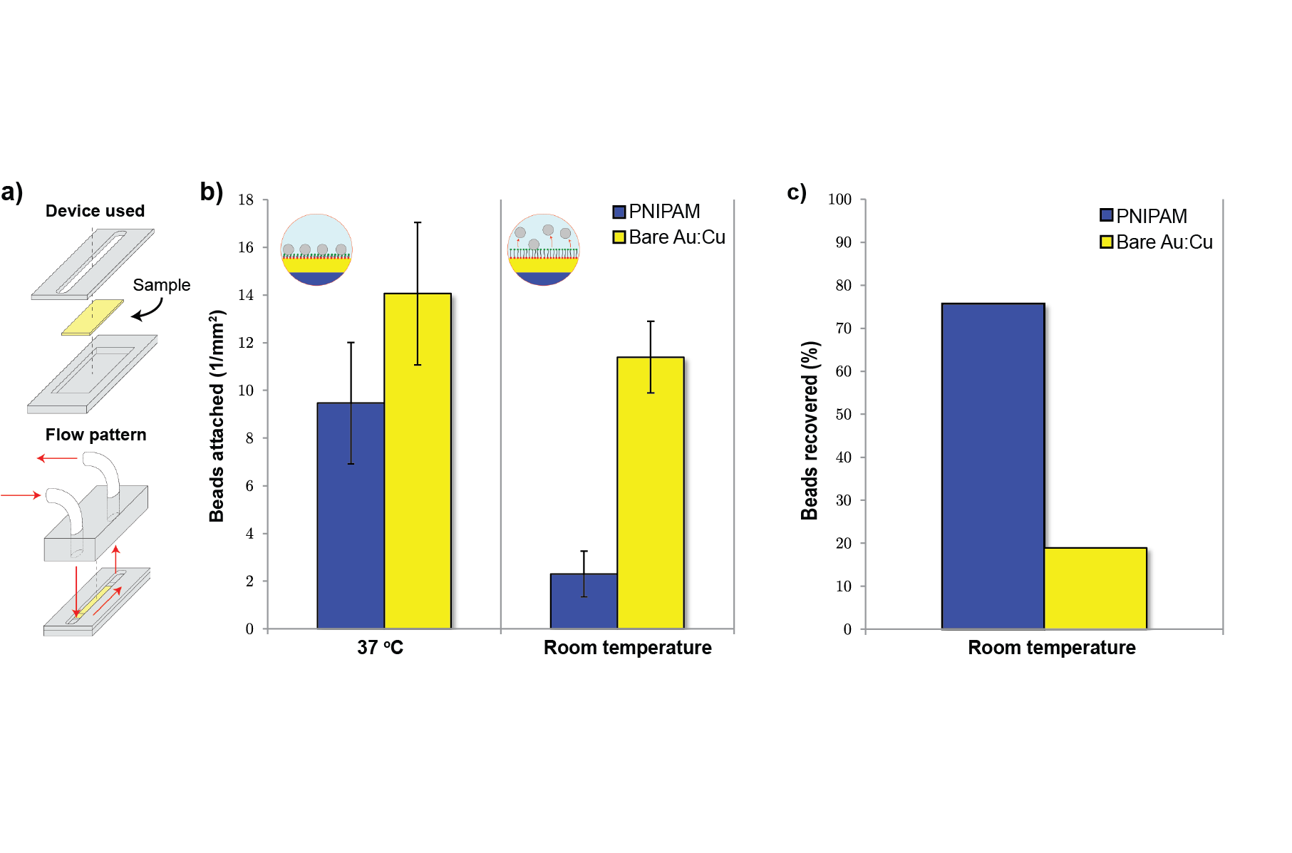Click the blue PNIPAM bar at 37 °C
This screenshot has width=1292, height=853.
click(351, 516)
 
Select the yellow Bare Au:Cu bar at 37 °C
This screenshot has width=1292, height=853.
click(418, 461)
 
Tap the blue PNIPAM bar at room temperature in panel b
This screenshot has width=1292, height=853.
click(584, 601)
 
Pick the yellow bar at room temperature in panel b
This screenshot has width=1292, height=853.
click(651, 493)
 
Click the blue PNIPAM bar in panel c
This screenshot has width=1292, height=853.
click(993, 466)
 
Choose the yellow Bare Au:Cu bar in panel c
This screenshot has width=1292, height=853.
click(1095, 589)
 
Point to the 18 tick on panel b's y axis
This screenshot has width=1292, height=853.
click(246, 200)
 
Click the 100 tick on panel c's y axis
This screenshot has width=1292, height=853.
click(839, 200)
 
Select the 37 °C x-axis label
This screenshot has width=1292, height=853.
click(381, 647)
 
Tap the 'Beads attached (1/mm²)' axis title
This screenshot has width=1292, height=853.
click(217, 415)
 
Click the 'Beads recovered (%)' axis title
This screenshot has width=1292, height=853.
click(810, 430)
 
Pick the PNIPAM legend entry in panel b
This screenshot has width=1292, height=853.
click(656, 212)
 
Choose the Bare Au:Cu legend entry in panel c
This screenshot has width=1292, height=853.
click(1157, 242)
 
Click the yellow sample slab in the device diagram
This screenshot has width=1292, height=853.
click(93, 317)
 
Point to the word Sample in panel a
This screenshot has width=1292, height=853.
click(162, 285)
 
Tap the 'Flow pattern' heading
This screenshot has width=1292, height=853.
click(96, 435)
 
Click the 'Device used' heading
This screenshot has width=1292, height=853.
click(95, 211)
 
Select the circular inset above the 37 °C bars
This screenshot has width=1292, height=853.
click(316, 249)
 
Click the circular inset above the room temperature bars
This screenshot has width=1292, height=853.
click(544, 249)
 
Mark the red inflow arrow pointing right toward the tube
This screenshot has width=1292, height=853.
click(21, 495)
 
